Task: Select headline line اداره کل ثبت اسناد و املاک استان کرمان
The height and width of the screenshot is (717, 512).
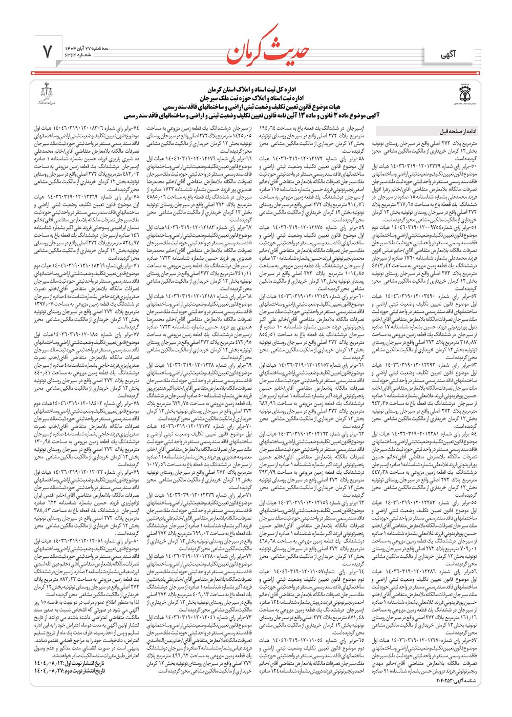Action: pyautogui.click(x=256, y=90)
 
